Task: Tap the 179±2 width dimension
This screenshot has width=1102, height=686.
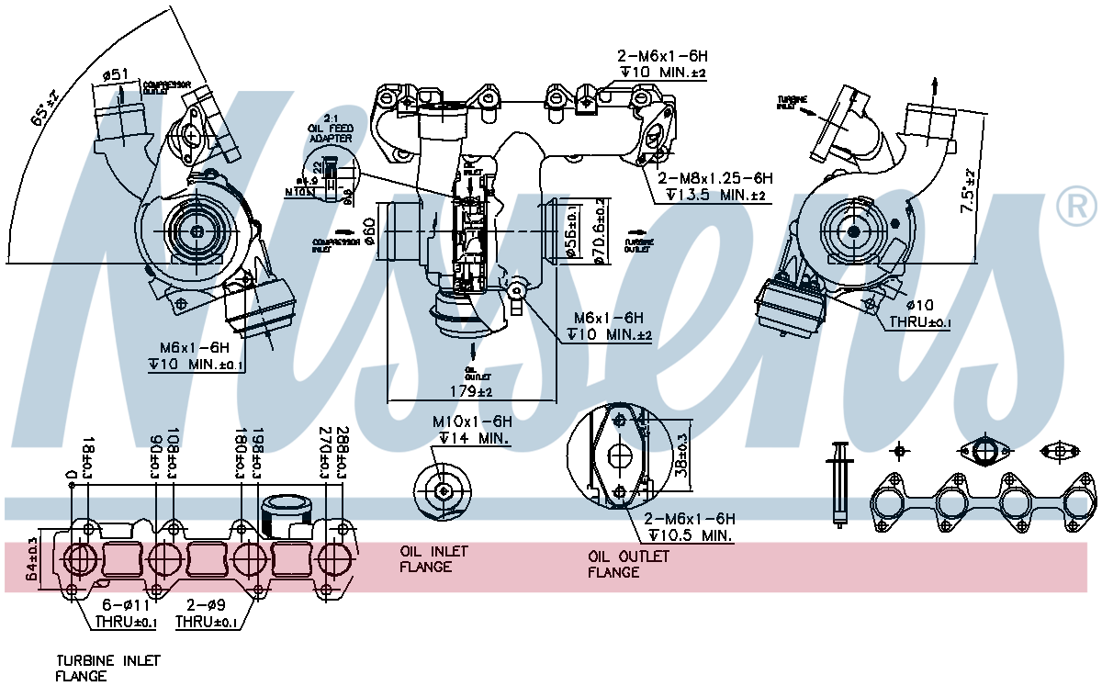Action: (472, 392)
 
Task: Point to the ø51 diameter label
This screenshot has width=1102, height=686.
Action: (115, 74)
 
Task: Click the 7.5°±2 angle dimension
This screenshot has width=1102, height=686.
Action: (969, 191)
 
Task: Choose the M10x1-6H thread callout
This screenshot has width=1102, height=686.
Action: (472, 421)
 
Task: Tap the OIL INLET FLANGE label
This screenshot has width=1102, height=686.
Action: (433, 559)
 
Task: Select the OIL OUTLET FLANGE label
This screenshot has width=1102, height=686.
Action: (628, 564)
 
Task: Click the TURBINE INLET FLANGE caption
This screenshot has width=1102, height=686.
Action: (107, 668)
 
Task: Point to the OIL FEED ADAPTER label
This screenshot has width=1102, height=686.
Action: (330, 132)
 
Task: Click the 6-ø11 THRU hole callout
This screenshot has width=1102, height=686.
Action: (126, 613)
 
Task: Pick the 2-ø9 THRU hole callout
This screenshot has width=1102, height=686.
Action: (205, 613)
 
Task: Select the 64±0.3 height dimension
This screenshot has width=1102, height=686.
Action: (33, 559)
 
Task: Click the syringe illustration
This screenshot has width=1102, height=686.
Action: (838, 482)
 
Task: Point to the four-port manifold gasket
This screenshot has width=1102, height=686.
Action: (981, 503)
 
